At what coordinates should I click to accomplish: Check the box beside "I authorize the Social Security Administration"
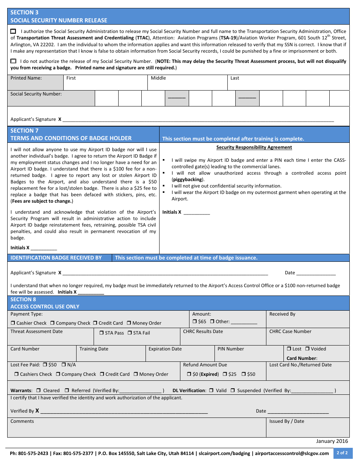tap(13, 31)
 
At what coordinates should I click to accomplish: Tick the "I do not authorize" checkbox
tap(13, 61)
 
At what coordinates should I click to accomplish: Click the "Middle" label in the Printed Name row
tap(158, 78)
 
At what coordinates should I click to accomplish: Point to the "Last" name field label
tap(235, 78)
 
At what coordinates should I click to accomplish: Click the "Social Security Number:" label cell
tap(36, 94)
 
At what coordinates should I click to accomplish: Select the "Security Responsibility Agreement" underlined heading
tap(254, 147)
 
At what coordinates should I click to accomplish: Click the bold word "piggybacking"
tap(187, 180)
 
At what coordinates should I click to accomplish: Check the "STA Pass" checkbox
tap(102, 333)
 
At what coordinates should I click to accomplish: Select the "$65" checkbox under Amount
tap(194, 322)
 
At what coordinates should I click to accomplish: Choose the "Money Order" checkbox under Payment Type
tap(129, 323)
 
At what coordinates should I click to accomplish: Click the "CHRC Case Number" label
tap(290, 332)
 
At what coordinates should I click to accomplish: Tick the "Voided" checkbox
tap(308, 349)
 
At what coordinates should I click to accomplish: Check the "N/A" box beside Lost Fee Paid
tap(64, 365)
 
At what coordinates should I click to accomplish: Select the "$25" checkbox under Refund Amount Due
tap(225, 374)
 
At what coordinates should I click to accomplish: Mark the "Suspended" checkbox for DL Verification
tap(233, 391)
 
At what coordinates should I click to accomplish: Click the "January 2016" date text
tap(332, 441)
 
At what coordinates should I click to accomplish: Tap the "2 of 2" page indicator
tap(342, 453)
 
